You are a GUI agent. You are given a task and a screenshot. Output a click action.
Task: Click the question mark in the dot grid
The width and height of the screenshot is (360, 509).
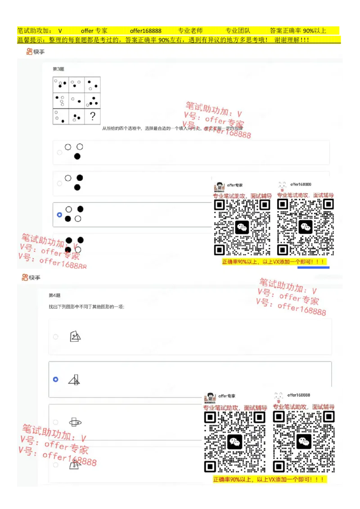[92, 116]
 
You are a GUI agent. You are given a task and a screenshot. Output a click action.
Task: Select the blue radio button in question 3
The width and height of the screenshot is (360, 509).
[59, 215]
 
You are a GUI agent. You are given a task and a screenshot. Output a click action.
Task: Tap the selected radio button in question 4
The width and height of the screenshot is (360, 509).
[55, 380]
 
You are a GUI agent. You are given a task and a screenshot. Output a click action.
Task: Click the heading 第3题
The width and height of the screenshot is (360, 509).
[58, 69]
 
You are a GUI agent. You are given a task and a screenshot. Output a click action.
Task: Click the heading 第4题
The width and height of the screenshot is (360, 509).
[54, 295]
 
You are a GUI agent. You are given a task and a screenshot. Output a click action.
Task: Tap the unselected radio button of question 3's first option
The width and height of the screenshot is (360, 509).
[59, 152]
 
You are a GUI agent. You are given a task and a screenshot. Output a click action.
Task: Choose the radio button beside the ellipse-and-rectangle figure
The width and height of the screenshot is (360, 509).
[55, 422]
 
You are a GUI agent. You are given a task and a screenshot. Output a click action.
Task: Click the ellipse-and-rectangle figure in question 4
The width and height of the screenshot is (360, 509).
[75, 422]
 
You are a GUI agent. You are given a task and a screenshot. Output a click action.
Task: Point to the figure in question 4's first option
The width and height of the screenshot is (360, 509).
[76, 336]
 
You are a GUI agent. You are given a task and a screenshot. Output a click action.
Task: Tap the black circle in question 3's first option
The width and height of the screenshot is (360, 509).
[77, 156]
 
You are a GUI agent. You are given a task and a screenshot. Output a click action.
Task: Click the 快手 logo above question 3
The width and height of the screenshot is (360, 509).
[36, 52]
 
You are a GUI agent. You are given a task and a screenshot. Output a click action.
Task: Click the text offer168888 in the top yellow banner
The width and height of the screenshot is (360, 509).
[145, 31]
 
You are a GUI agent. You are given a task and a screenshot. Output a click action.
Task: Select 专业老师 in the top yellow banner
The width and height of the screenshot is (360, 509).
[190, 31]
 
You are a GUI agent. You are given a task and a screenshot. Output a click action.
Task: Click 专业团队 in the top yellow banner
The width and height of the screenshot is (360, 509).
[238, 31]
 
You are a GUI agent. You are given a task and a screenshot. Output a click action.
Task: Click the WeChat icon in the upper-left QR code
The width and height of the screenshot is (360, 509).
[242, 227]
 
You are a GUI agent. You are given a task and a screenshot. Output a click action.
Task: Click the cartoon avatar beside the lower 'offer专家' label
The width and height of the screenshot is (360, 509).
[210, 397]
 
